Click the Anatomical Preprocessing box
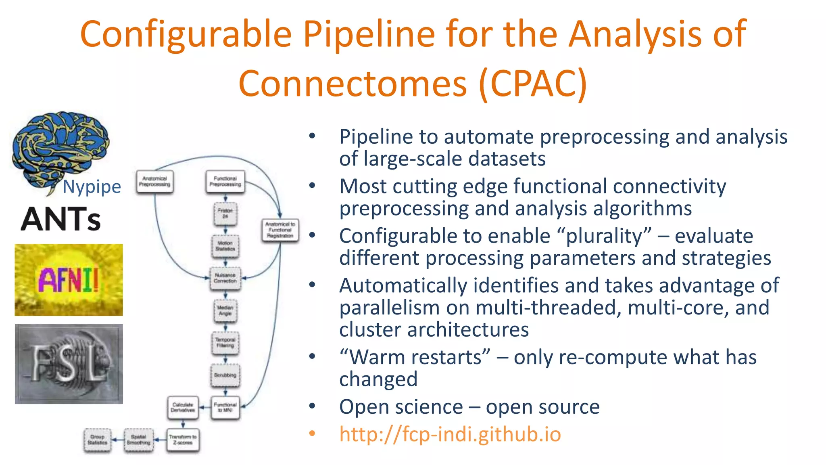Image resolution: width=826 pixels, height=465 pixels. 154,182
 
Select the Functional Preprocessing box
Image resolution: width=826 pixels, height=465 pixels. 225,182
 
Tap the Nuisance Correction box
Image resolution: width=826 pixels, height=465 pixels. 225,278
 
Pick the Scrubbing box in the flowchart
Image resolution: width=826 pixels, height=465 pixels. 225,375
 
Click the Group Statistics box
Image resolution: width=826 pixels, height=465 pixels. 97,440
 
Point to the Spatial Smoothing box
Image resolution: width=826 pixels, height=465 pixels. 138,440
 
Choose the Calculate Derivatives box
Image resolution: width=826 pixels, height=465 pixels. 183,407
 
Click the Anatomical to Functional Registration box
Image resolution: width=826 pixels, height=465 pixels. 280,230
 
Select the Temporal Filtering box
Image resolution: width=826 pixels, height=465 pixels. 225,343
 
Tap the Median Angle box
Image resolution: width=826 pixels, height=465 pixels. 225,310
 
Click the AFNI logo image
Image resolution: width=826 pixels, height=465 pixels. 69,280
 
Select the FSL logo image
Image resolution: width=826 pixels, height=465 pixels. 69,364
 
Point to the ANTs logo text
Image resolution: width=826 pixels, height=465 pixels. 60,219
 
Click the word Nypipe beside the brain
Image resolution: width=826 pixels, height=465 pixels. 92,187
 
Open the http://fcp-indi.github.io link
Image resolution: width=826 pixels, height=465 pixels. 450,434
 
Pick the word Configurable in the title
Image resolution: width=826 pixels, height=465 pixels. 186,34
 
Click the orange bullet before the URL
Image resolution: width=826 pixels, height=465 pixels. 312,434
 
